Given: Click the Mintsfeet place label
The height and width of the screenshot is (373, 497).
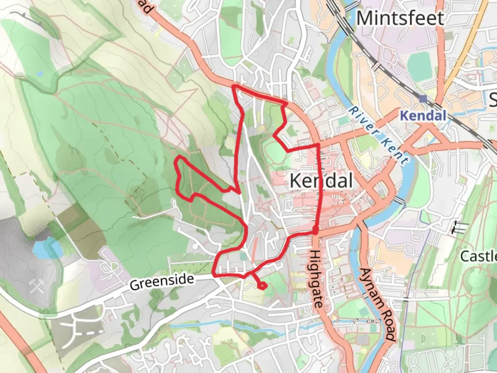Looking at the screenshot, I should tap(400, 18).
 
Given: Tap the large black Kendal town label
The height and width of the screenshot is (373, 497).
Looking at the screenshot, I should tap(321, 181).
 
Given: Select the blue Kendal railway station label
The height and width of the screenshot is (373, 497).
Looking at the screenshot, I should tap(423, 115).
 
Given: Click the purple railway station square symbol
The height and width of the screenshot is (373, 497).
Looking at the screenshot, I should tap(423, 99).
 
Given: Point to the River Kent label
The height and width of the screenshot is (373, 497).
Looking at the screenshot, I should tap(378, 135).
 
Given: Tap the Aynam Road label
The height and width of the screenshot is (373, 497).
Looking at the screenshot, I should tap(377, 304).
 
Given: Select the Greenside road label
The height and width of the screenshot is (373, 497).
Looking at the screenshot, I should tap(162, 282).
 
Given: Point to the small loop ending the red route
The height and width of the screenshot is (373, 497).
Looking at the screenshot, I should tap(262, 286).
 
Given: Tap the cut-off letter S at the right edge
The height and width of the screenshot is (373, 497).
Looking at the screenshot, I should tap(494, 99).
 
